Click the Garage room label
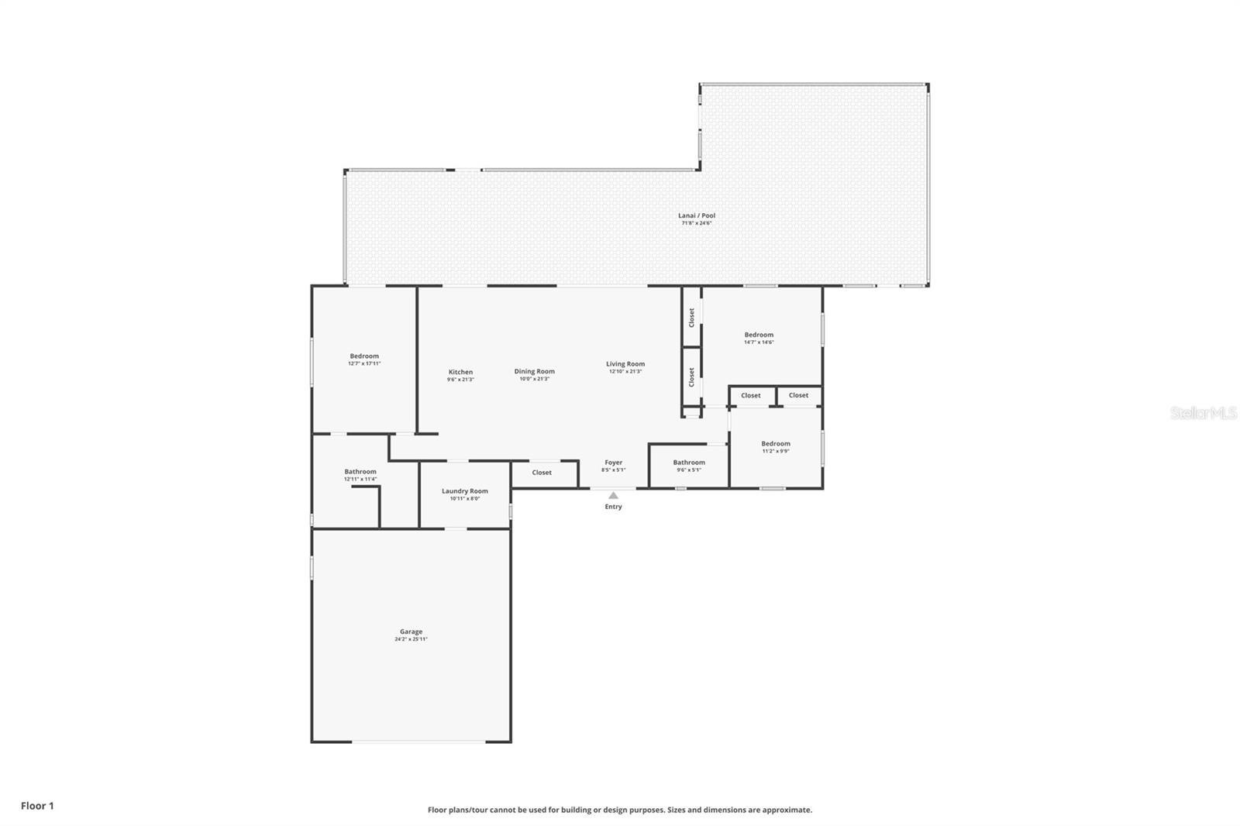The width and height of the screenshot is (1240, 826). click(411, 632)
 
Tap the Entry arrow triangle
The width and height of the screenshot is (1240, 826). click(613, 495)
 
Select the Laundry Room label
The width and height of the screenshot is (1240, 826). click(464, 491)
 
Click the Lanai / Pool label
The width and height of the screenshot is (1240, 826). click(697, 215)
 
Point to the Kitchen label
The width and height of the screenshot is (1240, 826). click(460, 372)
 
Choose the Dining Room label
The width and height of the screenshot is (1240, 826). click(534, 371)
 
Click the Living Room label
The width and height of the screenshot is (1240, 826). click(625, 364)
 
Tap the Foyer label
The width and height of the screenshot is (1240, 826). click(613, 463)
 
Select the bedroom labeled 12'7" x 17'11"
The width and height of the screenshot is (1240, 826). click(364, 356)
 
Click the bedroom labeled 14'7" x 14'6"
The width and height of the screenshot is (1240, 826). click(759, 335)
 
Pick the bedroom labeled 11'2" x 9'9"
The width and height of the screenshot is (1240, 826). click(775, 444)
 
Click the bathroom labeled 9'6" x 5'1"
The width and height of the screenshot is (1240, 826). click(689, 463)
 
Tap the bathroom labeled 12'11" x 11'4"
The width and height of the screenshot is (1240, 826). click(360, 472)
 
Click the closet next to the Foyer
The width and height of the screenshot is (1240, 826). click(542, 473)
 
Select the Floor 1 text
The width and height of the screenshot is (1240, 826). click(37, 806)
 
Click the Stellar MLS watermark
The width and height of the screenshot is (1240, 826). click(1203, 414)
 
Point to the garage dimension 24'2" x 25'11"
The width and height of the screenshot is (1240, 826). click(411, 640)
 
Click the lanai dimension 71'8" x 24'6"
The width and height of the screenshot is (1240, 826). click(697, 223)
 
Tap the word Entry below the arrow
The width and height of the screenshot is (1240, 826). click(613, 507)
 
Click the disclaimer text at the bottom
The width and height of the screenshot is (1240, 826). click(620, 810)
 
